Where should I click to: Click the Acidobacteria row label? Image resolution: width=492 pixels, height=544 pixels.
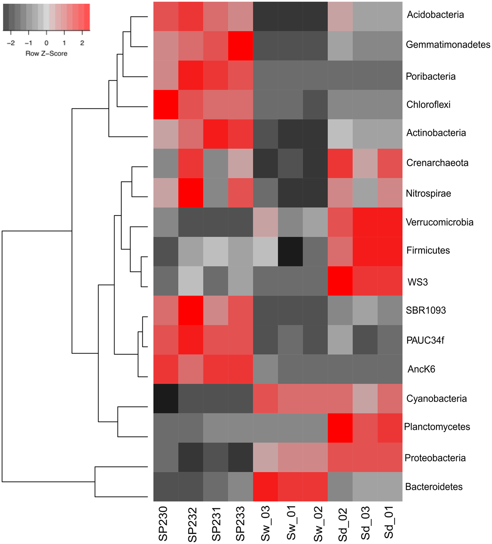click(435, 15)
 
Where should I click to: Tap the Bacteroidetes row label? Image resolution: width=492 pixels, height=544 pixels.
click(434, 487)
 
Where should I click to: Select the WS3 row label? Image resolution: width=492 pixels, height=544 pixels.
click(417, 282)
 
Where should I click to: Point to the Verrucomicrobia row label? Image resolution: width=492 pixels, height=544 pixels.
click(439, 222)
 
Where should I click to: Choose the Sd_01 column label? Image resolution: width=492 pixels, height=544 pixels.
click(389, 523)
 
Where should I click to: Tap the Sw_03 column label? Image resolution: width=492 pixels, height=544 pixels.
click(265, 523)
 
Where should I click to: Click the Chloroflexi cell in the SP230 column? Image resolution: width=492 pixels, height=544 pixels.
click(166, 105)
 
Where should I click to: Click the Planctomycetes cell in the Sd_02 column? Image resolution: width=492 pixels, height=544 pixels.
click(340, 428)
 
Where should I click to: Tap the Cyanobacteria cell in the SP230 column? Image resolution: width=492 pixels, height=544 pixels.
click(166, 398)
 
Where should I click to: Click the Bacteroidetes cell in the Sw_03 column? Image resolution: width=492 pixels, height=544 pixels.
click(265, 487)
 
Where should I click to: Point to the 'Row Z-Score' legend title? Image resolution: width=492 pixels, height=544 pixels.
click(46, 54)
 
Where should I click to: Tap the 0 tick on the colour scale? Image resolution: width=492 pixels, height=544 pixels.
click(46, 43)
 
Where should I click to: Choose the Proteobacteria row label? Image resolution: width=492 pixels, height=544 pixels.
click(435, 458)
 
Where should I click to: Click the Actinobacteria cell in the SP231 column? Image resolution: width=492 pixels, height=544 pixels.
click(216, 134)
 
